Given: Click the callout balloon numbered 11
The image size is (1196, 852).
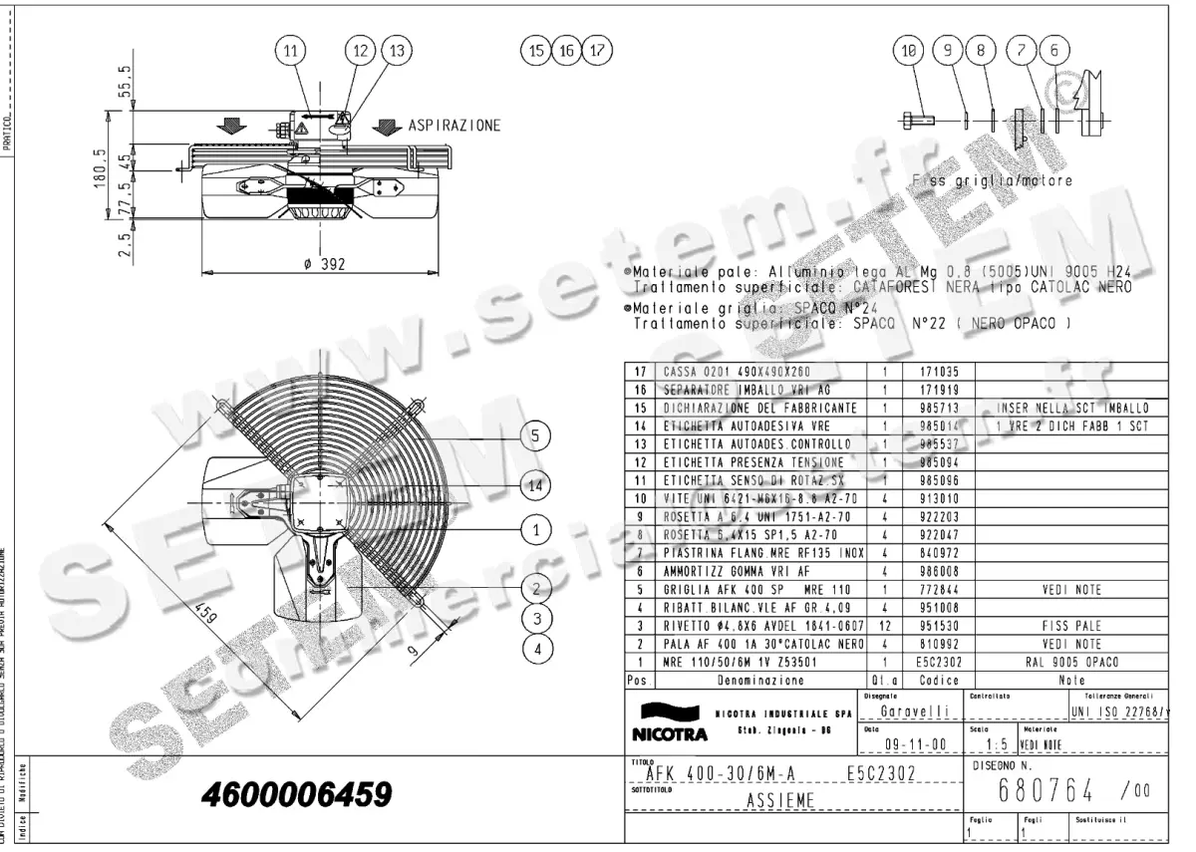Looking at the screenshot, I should [289, 50].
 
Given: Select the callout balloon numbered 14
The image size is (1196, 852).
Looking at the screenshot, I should [536, 485].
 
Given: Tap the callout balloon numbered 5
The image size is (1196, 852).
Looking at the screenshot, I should [536, 435].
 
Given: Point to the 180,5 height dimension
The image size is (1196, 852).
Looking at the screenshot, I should [100, 182].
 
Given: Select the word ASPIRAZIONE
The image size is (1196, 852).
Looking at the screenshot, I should [454, 127].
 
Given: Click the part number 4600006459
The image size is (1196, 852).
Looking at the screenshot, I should [296, 794].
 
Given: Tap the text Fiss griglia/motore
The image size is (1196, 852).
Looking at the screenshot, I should [993, 181].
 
